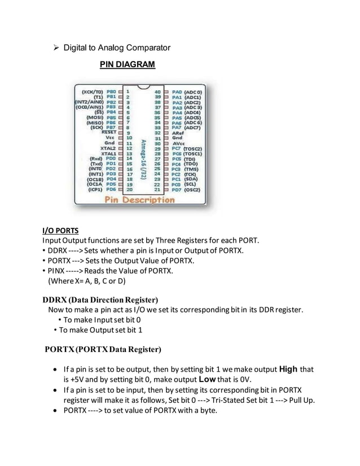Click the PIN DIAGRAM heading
(x=127, y=65)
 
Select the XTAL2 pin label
(x=107, y=148)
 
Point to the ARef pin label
(x=178, y=132)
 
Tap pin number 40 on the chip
(x=158, y=90)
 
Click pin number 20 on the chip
(x=129, y=190)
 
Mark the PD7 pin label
(x=177, y=190)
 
